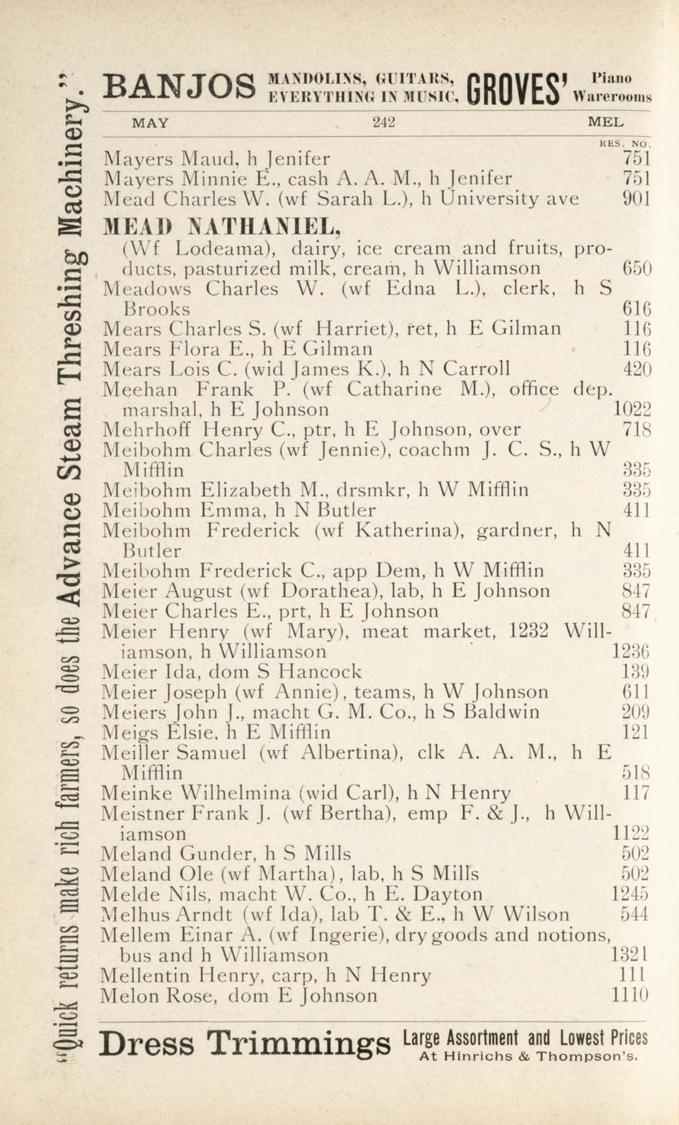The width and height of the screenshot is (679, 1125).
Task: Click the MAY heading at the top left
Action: coord(151,124)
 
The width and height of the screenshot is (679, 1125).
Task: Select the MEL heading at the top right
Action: coord(606,124)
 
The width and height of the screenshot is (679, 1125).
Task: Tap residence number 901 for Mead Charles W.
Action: coord(636,199)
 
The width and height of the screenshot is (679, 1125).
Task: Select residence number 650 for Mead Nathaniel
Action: coord(636,269)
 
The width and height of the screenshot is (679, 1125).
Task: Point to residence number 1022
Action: coord(632,410)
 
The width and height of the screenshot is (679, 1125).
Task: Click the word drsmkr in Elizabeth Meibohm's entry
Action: coord(375,490)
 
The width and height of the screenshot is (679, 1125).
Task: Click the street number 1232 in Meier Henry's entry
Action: coord(531,631)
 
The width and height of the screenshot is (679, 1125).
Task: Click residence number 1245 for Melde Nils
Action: coord(630,894)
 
